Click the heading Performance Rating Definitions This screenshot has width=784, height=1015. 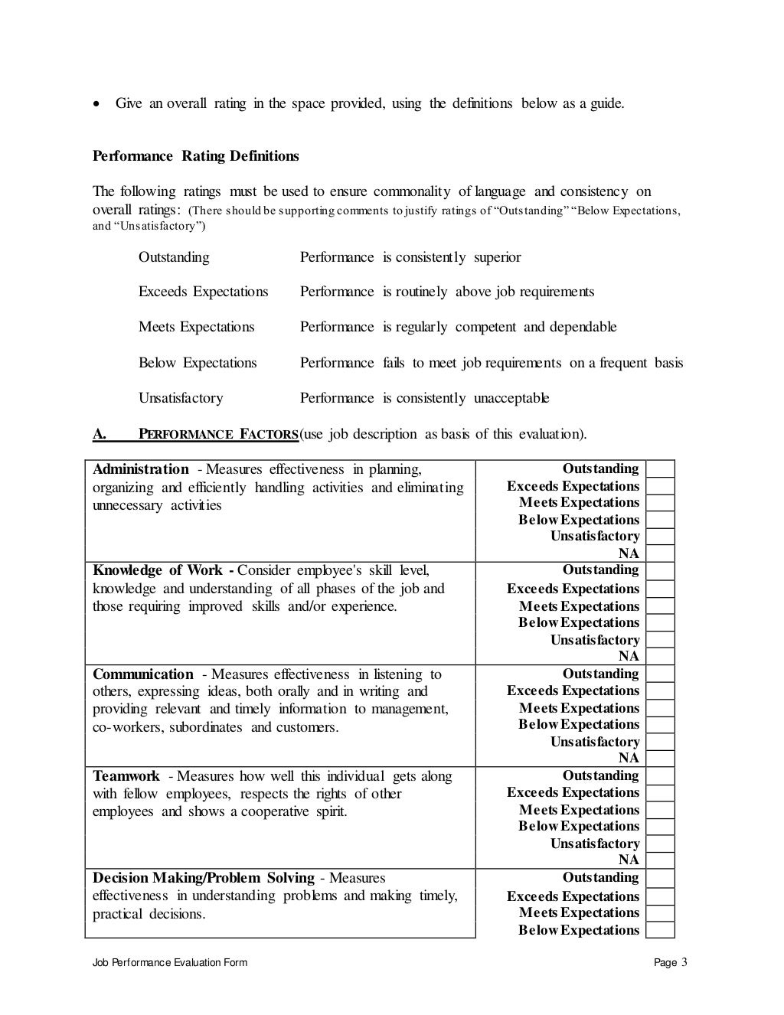point(195,156)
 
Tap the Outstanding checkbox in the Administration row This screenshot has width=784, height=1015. point(660,469)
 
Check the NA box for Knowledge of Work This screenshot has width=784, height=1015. point(660,656)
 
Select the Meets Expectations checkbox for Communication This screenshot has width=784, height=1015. point(660,708)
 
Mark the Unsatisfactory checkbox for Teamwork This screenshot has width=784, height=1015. point(660,844)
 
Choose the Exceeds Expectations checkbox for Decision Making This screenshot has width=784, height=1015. point(660,896)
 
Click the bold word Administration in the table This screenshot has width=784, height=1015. point(140,469)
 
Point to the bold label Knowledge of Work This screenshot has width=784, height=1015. point(158,570)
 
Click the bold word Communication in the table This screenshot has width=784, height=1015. point(143,674)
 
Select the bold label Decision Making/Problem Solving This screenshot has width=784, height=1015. point(204,878)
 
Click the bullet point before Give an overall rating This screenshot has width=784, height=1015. point(96,103)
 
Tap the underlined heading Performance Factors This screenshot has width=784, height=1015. point(218,435)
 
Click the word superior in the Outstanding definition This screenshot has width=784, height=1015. point(497,257)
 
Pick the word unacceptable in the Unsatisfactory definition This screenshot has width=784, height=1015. point(511,398)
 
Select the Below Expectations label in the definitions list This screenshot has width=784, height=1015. point(198,363)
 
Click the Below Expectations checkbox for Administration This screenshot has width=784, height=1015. point(660,520)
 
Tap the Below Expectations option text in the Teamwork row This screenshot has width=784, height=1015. point(578,827)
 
